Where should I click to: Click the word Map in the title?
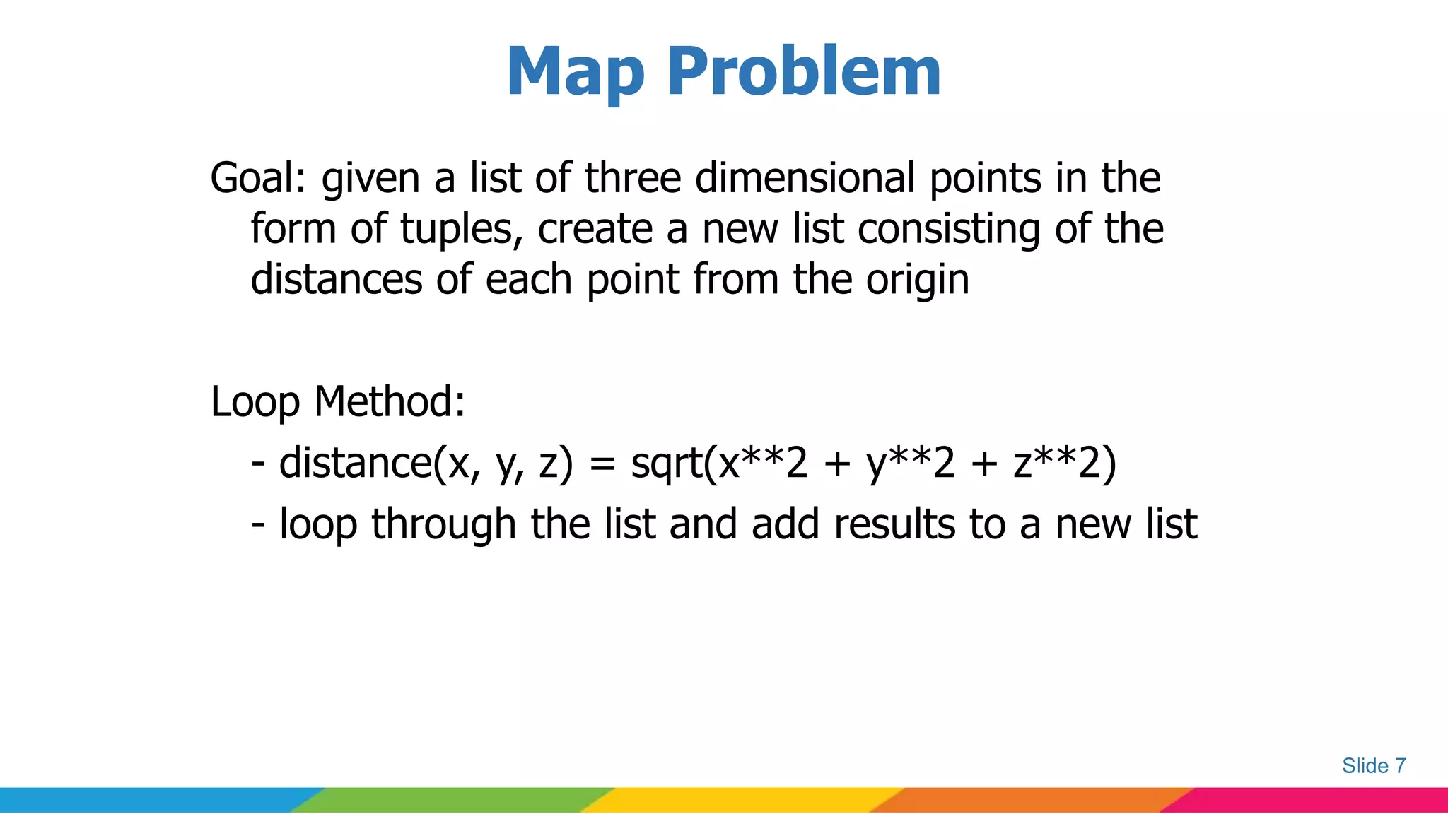[576, 72]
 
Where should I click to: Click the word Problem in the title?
[804, 72]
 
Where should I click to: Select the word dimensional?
[805, 178]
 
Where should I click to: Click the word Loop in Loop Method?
[255, 403]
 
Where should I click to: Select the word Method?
[390, 401]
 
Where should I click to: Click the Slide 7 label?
[1373, 766]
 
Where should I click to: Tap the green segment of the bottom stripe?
[452, 800]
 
